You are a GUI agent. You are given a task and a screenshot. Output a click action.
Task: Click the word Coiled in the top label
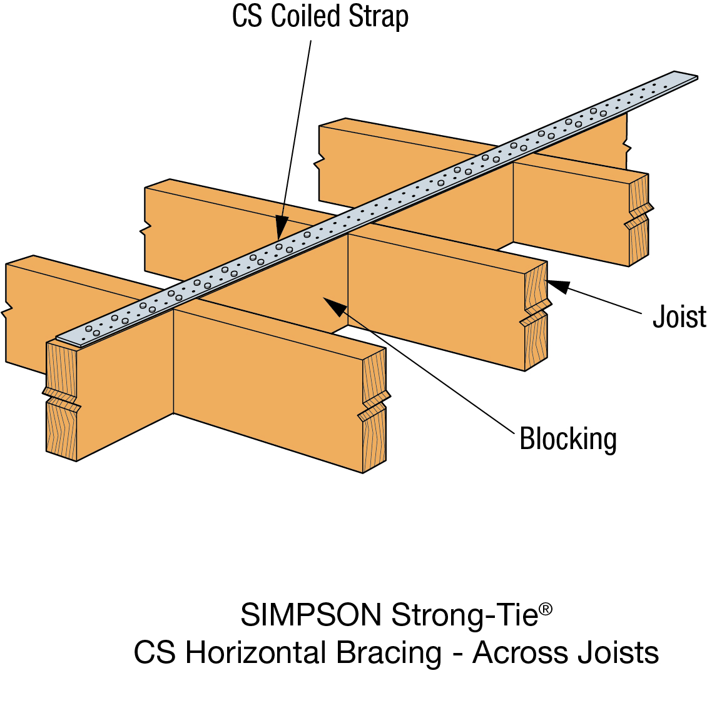307,16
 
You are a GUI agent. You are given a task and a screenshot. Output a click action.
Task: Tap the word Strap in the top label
379,16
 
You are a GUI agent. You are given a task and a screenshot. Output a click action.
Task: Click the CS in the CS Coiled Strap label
247,16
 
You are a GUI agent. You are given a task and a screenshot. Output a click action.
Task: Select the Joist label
679,316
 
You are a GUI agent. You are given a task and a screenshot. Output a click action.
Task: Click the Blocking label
568,439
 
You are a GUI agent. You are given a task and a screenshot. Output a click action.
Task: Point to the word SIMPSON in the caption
311,615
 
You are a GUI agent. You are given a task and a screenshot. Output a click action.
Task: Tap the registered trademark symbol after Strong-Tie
546,609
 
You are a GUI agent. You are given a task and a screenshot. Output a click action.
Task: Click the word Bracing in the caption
389,653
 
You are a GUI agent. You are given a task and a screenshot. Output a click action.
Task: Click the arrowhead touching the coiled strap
281,228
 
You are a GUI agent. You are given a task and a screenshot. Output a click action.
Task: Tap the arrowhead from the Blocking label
334,306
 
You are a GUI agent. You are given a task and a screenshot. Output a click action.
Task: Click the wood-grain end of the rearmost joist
638,219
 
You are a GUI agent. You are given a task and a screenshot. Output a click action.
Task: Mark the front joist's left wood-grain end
61,400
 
